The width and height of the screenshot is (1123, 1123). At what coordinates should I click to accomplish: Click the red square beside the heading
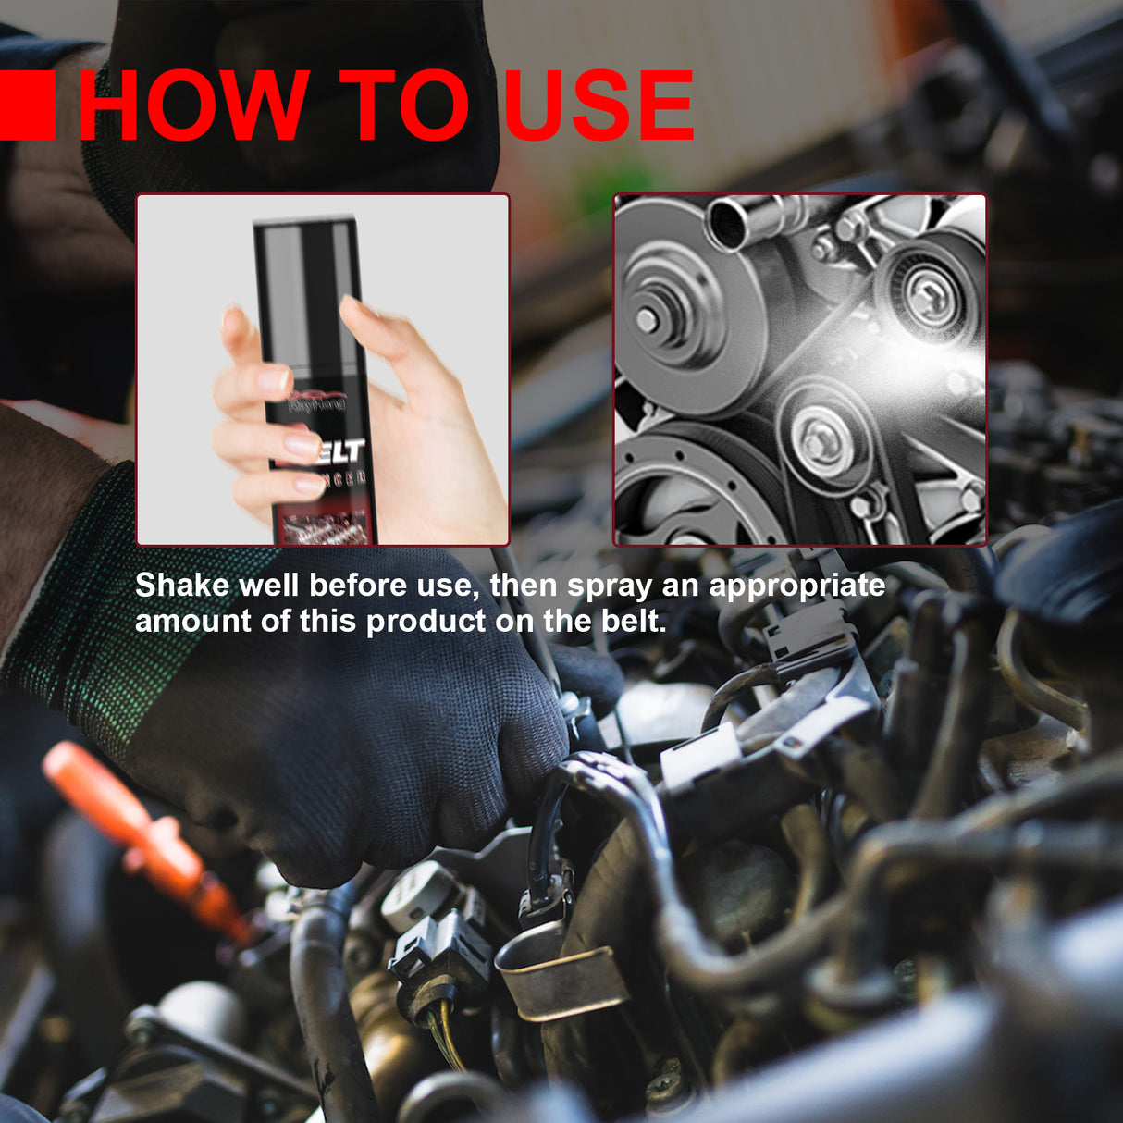[27, 105]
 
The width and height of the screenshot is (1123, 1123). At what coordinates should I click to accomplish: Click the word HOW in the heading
[193, 105]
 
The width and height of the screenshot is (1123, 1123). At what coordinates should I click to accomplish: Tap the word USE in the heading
[599, 105]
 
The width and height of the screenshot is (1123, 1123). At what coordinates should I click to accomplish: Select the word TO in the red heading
[404, 105]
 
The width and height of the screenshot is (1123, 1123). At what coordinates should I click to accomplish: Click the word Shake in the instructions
[181, 586]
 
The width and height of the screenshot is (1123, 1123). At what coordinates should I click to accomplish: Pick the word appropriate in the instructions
[796, 586]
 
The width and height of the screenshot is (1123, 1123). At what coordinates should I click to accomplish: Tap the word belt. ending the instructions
[634, 621]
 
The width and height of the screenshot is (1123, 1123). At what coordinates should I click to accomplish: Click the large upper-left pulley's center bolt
[647, 320]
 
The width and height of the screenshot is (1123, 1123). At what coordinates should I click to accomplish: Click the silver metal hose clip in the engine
[555, 981]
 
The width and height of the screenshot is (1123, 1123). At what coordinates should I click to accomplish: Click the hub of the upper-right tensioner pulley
[925, 294]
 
